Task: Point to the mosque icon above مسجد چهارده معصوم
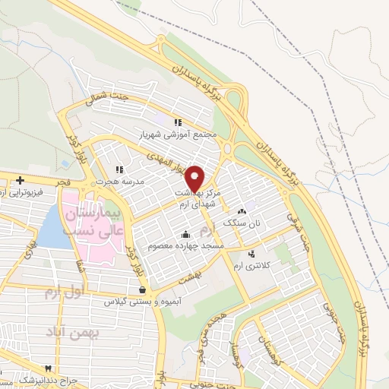(x=185, y=233)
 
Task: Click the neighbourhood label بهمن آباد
(x=63, y=333)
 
